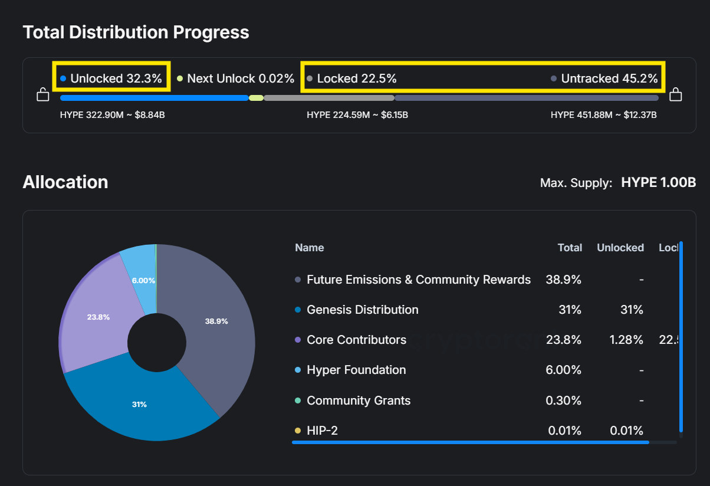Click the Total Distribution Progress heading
(136, 32)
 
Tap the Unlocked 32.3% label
(116, 78)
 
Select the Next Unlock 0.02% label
(240, 78)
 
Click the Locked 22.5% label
(356, 78)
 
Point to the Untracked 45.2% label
(609, 78)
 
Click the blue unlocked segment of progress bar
(153, 98)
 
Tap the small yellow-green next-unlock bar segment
(256, 98)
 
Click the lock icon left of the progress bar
(43, 94)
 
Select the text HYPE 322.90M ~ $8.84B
(112, 115)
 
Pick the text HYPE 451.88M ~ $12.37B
(603, 115)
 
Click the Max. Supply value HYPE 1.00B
(658, 183)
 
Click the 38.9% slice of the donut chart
(216, 321)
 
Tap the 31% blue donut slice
(140, 405)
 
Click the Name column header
(310, 248)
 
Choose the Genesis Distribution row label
(362, 310)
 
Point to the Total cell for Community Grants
(564, 400)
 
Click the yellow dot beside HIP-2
(298, 431)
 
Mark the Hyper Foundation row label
(356, 370)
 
